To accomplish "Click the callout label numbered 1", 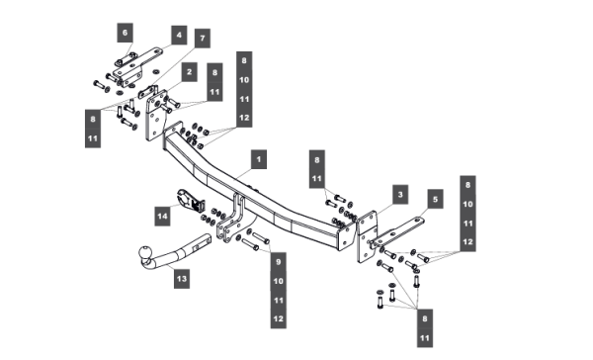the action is [259, 159].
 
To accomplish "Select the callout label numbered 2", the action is [189, 72].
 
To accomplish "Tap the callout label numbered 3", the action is [400, 195].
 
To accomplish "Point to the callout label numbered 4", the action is [179, 36].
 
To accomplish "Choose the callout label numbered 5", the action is [435, 199].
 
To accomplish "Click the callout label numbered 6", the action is [125, 33].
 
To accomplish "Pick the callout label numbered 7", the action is [203, 39].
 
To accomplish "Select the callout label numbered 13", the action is [182, 279].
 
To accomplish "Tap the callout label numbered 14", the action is [162, 217].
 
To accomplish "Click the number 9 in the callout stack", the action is [279, 262].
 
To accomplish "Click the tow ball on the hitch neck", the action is [145, 252].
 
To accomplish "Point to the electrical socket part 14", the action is [190, 200].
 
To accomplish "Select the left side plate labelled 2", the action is [156, 116].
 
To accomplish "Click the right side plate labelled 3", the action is [367, 237].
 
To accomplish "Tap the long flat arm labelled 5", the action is [398, 231].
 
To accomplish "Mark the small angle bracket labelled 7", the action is [148, 92].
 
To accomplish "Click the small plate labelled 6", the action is [126, 59].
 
